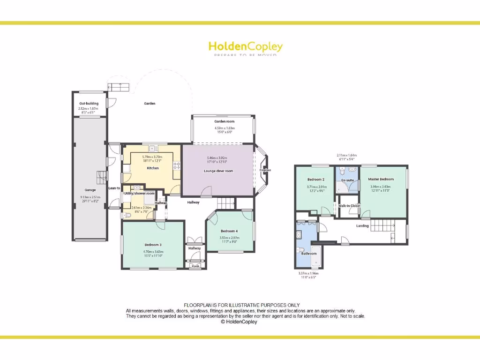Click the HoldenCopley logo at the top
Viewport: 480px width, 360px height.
click(245, 47)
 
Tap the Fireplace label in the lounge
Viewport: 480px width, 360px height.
click(265, 170)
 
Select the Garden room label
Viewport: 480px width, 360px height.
click(224, 121)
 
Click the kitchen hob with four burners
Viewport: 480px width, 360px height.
click(177, 165)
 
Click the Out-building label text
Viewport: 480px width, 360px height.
click(89, 103)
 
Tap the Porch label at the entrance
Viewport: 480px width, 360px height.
click(195, 266)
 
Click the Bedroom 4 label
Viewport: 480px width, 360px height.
click(229, 231)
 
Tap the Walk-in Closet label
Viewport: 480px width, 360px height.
click(349, 206)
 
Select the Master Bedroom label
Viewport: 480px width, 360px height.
click(381, 179)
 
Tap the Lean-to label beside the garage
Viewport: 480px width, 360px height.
click(114, 188)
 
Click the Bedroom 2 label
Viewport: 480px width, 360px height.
click(315, 180)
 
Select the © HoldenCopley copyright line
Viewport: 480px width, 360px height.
click(239, 322)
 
